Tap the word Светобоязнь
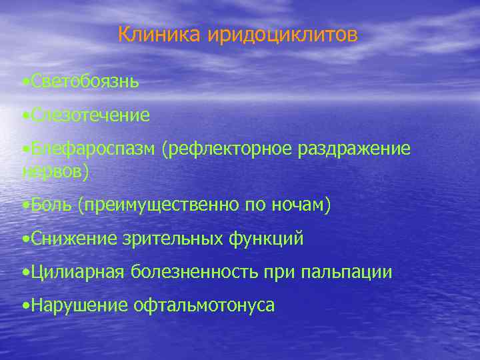pos(84,81)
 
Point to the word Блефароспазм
pos(91,149)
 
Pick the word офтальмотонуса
pos(203,306)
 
